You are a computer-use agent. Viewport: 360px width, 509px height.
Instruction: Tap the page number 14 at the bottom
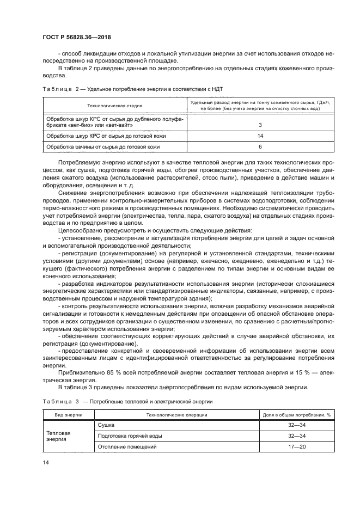point(46,462)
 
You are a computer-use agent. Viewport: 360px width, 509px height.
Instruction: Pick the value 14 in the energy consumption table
point(260,136)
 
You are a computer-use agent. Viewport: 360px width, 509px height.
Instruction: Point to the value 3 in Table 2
point(260,125)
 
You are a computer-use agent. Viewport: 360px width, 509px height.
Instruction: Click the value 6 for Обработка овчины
point(260,146)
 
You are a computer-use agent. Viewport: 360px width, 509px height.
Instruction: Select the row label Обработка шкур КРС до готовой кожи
point(106,136)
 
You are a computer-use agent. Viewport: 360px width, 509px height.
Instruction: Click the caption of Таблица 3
point(127,401)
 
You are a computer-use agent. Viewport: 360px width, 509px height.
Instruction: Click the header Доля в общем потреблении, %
point(296,414)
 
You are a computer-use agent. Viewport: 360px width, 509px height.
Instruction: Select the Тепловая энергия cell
point(60,436)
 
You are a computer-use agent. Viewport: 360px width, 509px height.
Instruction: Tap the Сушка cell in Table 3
point(106,425)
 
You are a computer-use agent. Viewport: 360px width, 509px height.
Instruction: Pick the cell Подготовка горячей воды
point(130,436)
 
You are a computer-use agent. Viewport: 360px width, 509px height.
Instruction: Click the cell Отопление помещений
point(127,447)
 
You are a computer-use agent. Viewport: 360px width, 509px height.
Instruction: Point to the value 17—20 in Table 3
point(296,447)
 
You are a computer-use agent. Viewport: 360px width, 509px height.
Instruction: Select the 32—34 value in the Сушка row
point(296,425)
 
